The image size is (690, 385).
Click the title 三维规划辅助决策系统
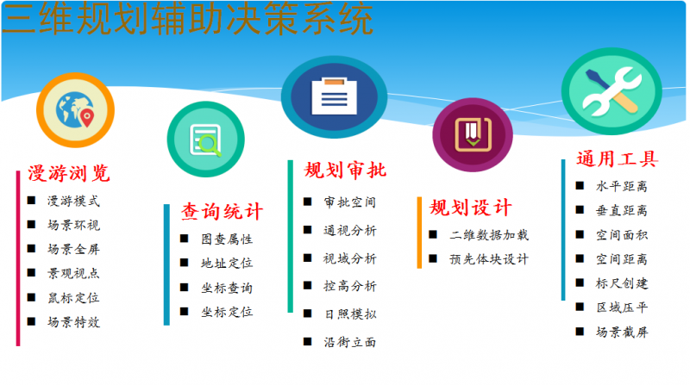[187, 20]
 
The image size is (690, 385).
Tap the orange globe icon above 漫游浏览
[76, 109]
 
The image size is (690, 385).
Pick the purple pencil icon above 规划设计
[472, 134]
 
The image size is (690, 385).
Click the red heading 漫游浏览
[69, 173]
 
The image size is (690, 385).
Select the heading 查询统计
[221, 211]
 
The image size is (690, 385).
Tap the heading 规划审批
[346, 171]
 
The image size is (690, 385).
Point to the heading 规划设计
[470, 208]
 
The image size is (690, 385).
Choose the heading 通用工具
[617, 159]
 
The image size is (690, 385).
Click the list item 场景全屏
[73, 250]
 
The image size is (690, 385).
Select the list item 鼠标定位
[73, 298]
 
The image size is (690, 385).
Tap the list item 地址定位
[227, 264]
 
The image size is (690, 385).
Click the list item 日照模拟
[349, 314]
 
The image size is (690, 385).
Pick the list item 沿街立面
[349, 342]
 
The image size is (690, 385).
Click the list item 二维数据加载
[489, 234]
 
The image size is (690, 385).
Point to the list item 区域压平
[621, 307]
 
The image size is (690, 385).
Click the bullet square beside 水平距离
[580, 185]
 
